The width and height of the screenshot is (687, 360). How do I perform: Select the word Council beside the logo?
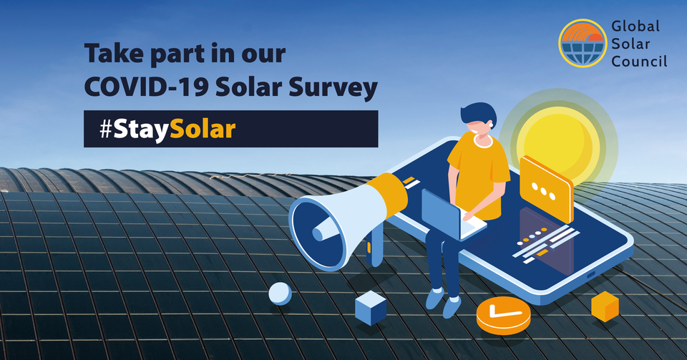[x=639, y=62]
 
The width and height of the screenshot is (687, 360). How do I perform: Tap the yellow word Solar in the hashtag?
[x=208, y=130]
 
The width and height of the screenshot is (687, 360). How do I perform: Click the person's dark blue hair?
[x=477, y=115]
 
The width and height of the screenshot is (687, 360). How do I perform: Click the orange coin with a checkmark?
[x=503, y=314]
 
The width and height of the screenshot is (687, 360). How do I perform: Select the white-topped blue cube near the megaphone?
[x=371, y=307]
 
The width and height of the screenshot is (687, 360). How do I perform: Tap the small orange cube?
[x=605, y=306]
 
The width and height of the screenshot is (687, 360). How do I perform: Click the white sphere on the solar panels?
[x=280, y=293]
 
